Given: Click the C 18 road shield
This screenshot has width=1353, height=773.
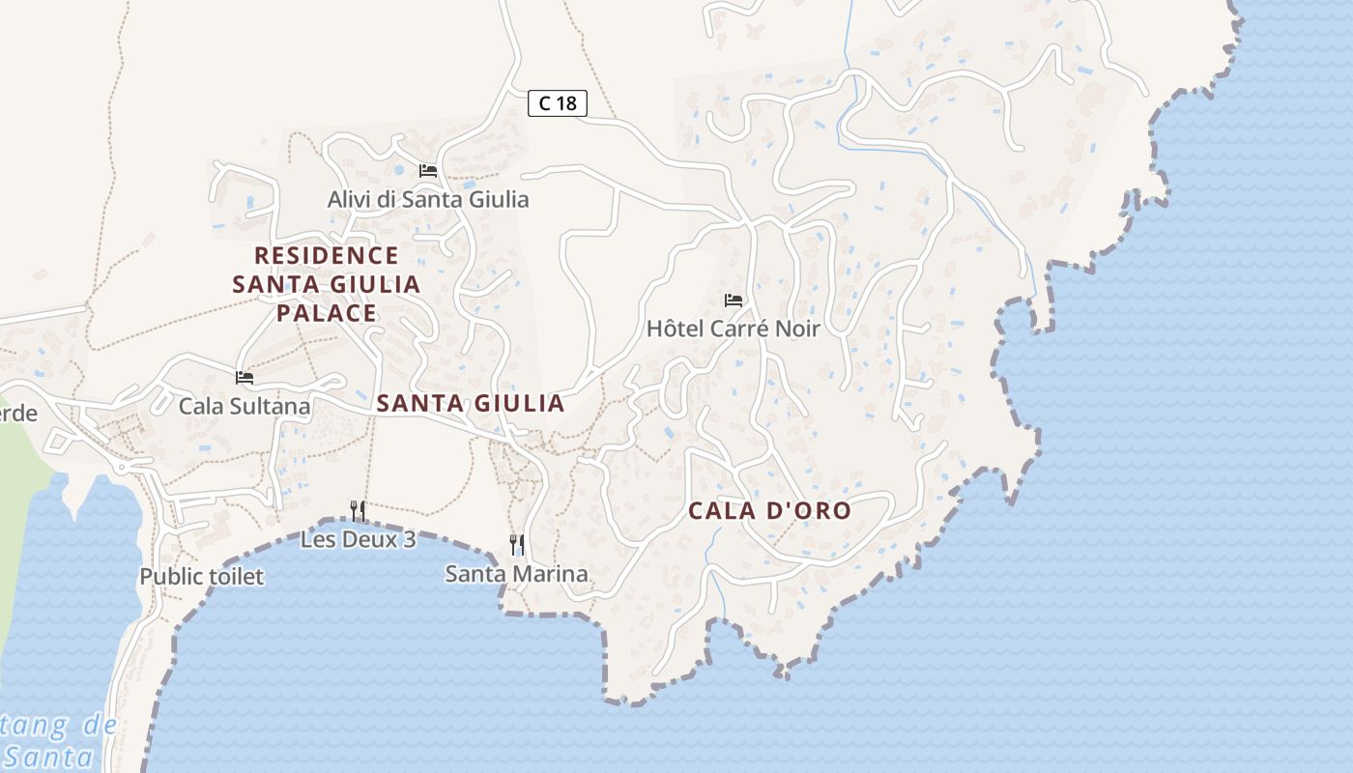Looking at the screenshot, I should click(x=558, y=102).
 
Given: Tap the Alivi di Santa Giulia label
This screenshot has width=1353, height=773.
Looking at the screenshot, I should click(x=428, y=199).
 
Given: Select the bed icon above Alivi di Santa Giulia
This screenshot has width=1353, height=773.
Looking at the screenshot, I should click(x=428, y=171).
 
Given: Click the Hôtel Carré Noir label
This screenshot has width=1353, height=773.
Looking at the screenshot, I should click(x=733, y=329).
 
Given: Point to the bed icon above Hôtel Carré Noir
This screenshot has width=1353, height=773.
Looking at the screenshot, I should click(x=734, y=301).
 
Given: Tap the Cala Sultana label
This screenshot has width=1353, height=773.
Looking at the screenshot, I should click(x=245, y=406).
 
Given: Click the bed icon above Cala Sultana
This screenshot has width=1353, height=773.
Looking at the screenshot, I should click(x=245, y=378).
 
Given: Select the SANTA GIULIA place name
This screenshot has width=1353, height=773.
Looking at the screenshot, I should click(x=471, y=404).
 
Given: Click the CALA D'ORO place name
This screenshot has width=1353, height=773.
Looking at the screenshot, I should click(x=769, y=511).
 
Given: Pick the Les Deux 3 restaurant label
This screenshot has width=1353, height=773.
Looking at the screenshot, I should click(x=358, y=539).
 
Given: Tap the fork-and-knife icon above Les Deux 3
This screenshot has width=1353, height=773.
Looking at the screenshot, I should click(x=358, y=510).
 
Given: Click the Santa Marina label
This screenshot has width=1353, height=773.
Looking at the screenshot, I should click(x=516, y=574).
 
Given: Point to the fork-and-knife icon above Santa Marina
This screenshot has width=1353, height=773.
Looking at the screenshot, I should click(x=517, y=545).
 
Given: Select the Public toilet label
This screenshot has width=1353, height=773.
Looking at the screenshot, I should click(x=201, y=577).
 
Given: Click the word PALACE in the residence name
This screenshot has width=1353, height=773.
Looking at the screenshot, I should click(x=327, y=313).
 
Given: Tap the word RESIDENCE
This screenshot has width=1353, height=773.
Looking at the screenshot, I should click(x=327, y=256).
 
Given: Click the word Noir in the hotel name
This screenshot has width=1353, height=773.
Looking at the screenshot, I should click(x=796, y=329).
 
